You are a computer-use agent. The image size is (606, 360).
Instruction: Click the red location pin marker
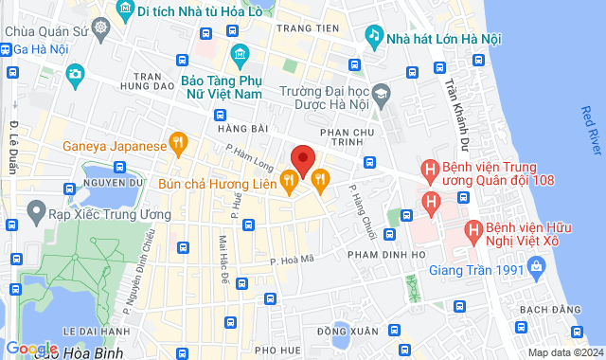click(302, 157)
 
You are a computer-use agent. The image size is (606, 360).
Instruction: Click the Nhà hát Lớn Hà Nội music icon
click(374, 35)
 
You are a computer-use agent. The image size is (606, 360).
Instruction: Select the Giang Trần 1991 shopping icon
click(537, 270)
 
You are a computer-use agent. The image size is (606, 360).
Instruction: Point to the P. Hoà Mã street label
click(291, 258)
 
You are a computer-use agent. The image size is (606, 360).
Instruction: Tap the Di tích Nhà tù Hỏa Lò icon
click(122, 11)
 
